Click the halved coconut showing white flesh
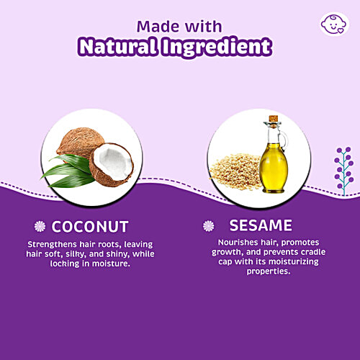[112, 163]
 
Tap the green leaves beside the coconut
[67, 175]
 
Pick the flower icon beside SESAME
[209, 225]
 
